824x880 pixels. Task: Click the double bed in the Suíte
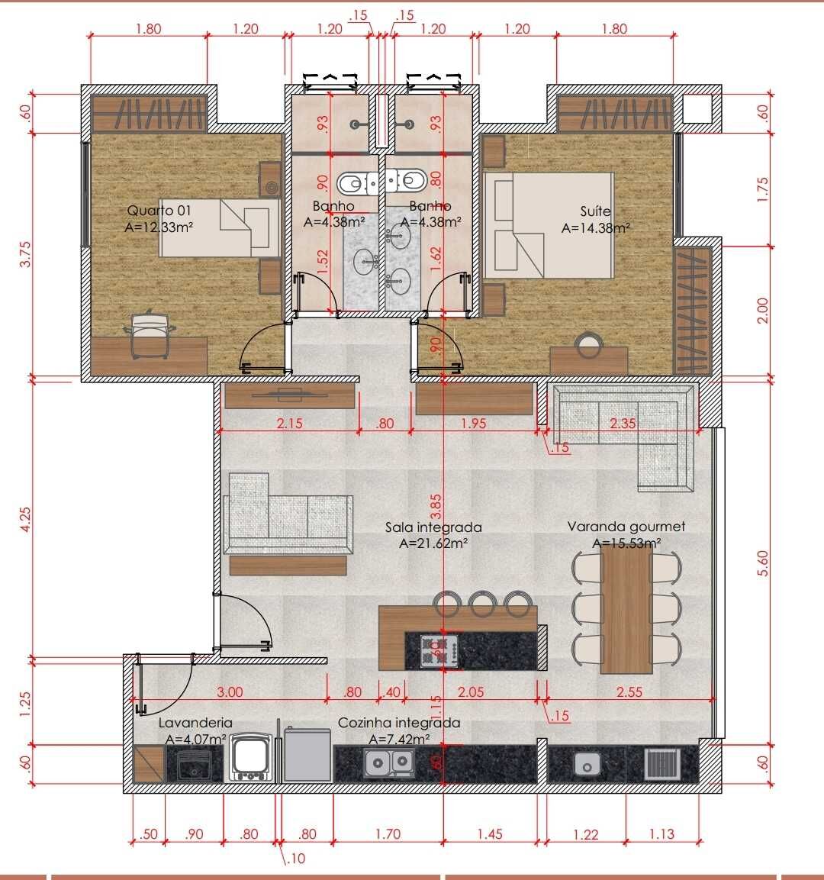548,225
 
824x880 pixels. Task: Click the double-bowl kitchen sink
388,762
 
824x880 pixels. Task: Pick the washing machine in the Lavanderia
250,757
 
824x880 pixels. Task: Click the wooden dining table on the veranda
626,609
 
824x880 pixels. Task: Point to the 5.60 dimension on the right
762,563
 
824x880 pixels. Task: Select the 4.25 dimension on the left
25,520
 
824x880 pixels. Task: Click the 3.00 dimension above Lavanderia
230,692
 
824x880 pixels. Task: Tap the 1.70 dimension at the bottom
388,834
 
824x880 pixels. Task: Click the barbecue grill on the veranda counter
662,763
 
